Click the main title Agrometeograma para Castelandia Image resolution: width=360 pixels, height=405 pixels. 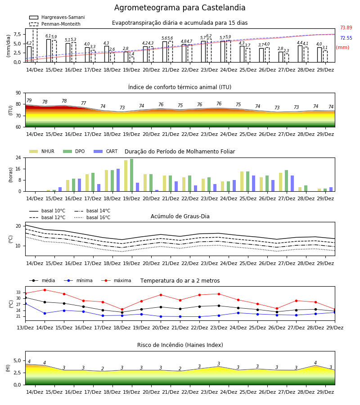(180, 8)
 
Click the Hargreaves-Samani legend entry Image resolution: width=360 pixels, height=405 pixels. (57, 17)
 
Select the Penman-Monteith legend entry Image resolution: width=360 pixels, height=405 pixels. (55, 24)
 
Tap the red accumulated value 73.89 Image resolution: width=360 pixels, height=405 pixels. (346, 27)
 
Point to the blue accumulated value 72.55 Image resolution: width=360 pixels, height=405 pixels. (346, 38)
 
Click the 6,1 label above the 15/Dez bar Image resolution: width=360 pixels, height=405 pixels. (48, 36)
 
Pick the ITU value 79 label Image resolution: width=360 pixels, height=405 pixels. (29, 100)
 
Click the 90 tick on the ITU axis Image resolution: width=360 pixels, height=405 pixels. (18, 93)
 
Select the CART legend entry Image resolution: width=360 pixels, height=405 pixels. (106, 151)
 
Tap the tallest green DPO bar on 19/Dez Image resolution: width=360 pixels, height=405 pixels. (132, 175)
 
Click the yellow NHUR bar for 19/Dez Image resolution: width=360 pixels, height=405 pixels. (126, 176)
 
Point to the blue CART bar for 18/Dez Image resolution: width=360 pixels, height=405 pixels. (118, 180)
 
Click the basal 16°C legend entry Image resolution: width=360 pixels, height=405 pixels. (92, 217)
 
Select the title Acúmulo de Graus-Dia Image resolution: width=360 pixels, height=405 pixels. (180, 216)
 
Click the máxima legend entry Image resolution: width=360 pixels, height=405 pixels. (117, 280)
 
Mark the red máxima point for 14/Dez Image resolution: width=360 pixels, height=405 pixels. (45, 290)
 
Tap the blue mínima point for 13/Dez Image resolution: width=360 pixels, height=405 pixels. (25, 303)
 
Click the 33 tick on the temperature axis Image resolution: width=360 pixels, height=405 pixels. (18, 292)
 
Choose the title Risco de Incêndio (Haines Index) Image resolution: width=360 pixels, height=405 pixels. (180, 345)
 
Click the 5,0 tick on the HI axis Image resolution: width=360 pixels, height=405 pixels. (18, 360)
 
